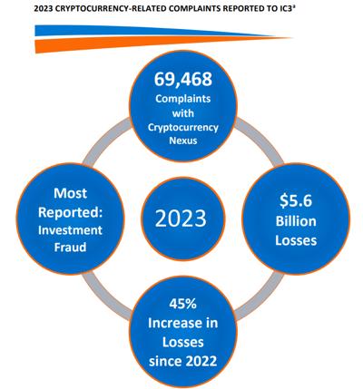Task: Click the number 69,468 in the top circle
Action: [x=183, y=80]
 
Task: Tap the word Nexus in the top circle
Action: [x=183, y=141]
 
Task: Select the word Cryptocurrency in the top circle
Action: [x=183, y=128]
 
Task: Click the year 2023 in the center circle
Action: [x=181, y=219]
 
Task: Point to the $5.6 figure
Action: [x=296, y=200]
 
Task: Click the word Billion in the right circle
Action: [x=296, y=221]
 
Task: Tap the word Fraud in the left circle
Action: [x=70, y=248]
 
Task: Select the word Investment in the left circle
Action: [x=70, y=230]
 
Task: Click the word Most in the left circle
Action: [x=70, y=193]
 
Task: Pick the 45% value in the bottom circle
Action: [x=182, y=304]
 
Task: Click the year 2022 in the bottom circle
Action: [x=201, y=361]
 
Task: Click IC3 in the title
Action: [x=287, y=8]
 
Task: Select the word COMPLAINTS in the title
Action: [x=194, y=8]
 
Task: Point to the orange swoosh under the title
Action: [x=163, y=44]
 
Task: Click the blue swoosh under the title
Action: [x=154, y=31]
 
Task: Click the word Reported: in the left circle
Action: [x=70, y=212]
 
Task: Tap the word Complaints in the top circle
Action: [x=183, y=99]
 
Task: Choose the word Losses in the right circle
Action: [x=296, y=240]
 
